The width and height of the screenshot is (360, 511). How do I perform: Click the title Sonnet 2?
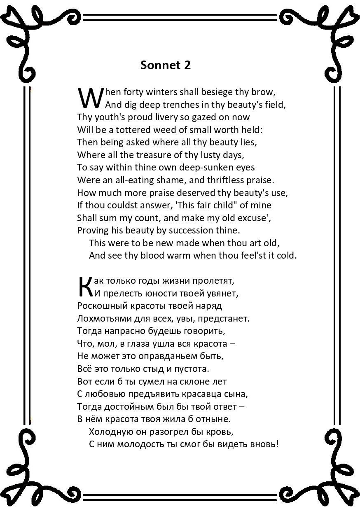click(x=165, y=65)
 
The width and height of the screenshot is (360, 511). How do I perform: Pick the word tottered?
click(x=126, y=130)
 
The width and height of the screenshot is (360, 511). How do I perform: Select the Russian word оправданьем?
click(x=173, y=356)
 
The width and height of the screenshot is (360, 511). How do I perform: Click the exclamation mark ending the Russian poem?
click(x=278, y=444)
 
